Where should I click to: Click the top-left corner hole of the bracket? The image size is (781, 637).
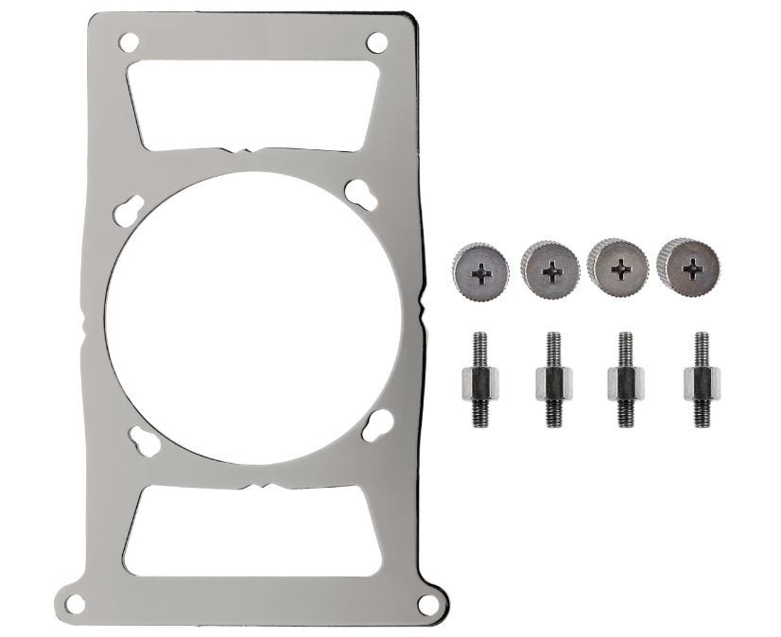129,42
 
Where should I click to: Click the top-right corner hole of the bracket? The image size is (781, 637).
376,43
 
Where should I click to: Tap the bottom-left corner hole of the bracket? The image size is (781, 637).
76,602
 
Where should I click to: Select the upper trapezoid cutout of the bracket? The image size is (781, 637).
252,103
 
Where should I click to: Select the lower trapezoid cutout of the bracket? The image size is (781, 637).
252,530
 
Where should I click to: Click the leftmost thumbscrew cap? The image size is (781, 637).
481,271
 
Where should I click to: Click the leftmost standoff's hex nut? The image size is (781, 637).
477,384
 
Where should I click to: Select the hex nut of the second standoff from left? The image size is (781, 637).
553,384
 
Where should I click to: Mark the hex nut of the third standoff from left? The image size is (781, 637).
625,383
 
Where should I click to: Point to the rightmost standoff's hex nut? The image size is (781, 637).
701,383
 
